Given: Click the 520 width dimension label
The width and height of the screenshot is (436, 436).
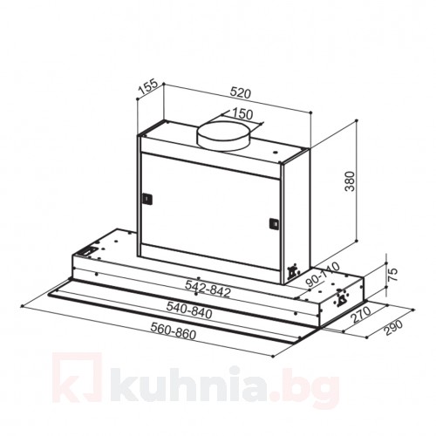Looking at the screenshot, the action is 240,93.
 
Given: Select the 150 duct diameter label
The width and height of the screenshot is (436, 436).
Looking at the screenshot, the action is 242,114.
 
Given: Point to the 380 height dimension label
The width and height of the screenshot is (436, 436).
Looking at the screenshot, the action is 350,181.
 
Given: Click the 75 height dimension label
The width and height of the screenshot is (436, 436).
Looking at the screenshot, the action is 392,274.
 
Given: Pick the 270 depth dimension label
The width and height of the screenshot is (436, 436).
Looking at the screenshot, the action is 362,315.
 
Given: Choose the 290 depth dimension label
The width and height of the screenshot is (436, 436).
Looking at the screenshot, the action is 393,328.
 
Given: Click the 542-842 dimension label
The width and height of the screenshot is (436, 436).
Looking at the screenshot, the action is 208,290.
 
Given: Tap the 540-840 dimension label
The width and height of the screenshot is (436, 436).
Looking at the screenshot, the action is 189,310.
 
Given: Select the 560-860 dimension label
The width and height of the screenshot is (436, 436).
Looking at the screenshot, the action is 174,331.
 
